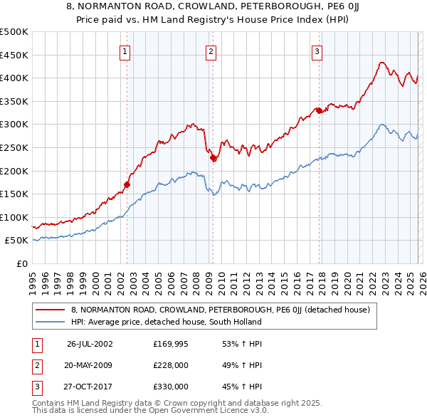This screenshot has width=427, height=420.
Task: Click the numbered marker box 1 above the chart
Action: pyautogui.click(x=125, y=51)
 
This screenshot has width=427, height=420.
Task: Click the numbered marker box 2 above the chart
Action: pyautogui.click(x=211, y=51)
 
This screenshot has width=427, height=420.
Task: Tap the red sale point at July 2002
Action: pyautogui.click(x=127, y=184)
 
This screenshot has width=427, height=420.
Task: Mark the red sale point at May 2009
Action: pyautogui.click(x=213, y=158)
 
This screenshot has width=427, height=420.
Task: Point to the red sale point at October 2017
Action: pyautogui.click(x=319, y=110)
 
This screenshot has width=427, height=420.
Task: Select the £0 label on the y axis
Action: pyautogui.click(x=21, y=263)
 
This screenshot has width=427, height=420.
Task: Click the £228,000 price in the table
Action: pyautogui.click(x=171, y=365)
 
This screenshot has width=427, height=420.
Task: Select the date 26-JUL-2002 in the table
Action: pyautogui.click(x=90, y=345)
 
